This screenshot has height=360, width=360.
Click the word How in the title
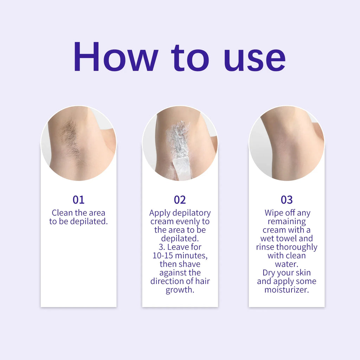click(116, 57)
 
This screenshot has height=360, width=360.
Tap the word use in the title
click(255, 57)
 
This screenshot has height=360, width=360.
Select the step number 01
click(78, 200)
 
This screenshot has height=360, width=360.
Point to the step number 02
click(180, 200)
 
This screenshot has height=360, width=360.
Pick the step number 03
click(287, 200)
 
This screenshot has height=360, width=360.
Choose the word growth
click(180, 290)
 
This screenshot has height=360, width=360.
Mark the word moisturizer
click(287, 290)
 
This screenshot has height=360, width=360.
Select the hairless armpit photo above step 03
click(287, 143)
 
